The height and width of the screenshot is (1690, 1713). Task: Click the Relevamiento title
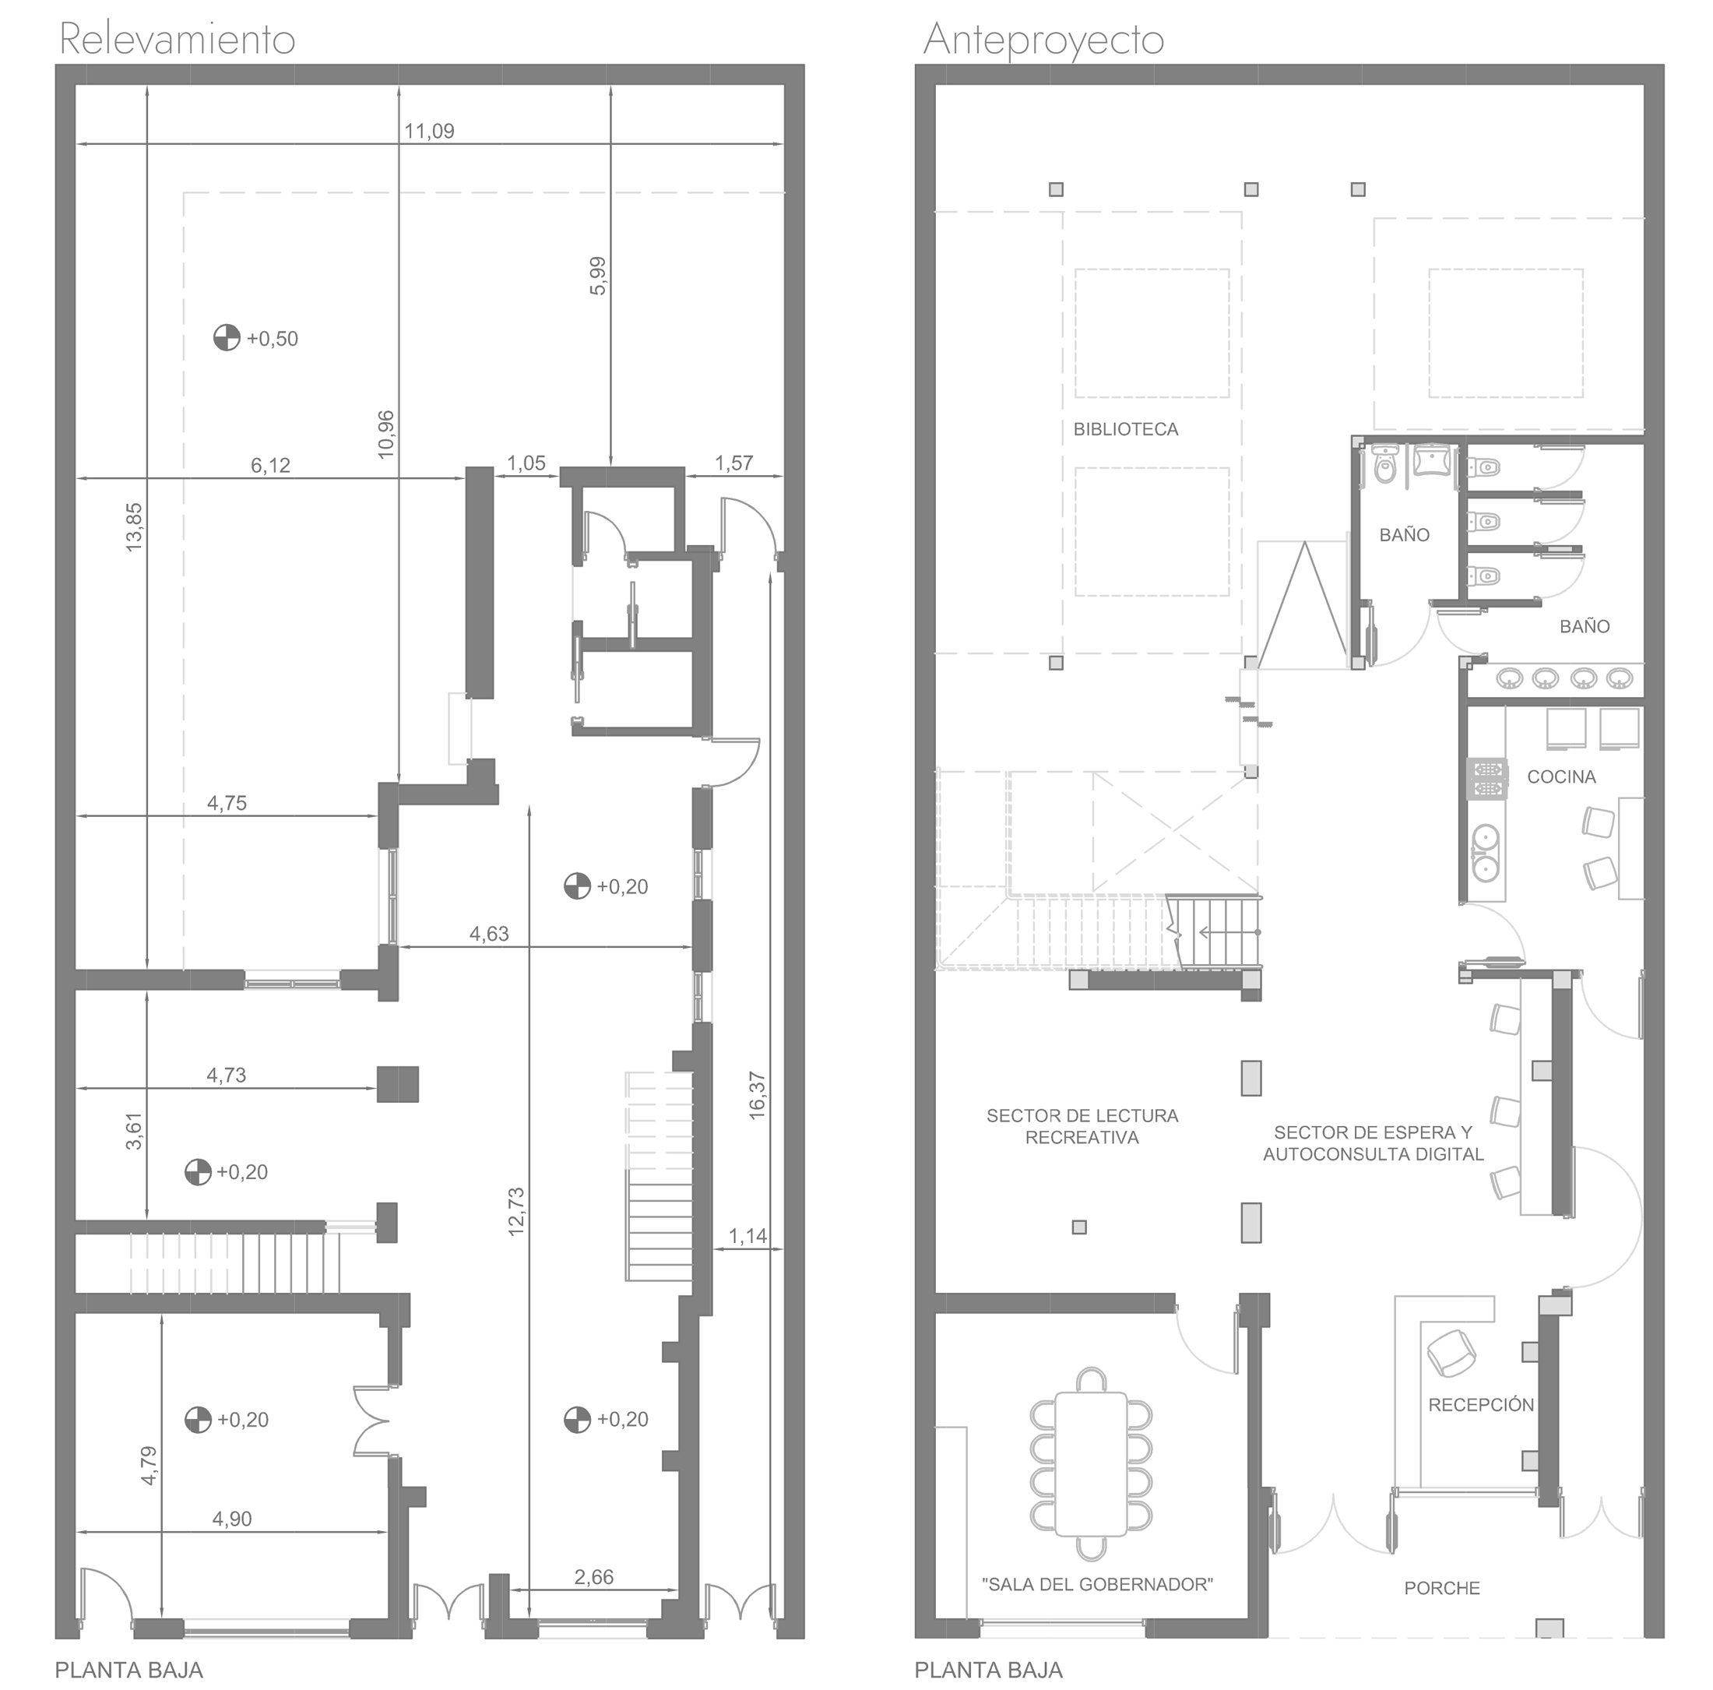177,40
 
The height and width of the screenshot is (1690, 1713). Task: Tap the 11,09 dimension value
429,131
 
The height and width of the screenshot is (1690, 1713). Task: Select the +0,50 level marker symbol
227,338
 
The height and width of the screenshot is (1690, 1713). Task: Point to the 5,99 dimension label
599,276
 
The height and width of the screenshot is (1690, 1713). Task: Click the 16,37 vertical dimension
757,1095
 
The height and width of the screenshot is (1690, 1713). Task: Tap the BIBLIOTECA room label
1126,429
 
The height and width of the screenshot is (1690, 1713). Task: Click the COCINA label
1561,776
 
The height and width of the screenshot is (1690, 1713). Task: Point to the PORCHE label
1442,1588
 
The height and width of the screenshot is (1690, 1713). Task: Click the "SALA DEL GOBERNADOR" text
1098,1585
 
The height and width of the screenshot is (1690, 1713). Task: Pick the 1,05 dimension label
526,463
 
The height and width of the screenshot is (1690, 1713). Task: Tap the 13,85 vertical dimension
134,527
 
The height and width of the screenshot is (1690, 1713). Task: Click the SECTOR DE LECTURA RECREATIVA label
1082,1126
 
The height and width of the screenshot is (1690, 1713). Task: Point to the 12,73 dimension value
516,1211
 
